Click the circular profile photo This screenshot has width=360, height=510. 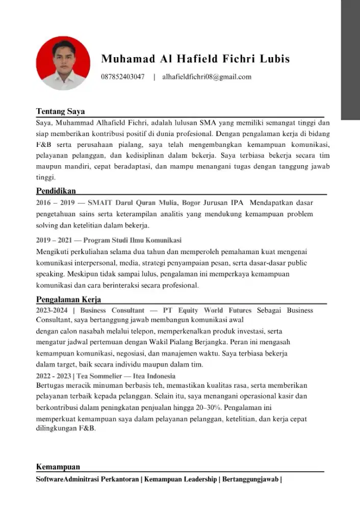coord(63,63)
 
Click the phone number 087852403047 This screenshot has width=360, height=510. coord(123,77)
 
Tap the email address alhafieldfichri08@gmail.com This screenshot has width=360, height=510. coord(207,77)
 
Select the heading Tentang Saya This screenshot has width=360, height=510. coord(60,111)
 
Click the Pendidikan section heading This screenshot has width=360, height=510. coord(56,191)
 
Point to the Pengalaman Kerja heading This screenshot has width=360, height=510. coord(68,299)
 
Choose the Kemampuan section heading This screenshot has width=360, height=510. coord(58,467)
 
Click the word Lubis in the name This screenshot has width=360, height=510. coord(275,59)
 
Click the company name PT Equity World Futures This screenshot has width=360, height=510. coord(207,310)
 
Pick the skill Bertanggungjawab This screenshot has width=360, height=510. coord(249,479)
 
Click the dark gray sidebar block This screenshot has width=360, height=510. coord(350,60)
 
